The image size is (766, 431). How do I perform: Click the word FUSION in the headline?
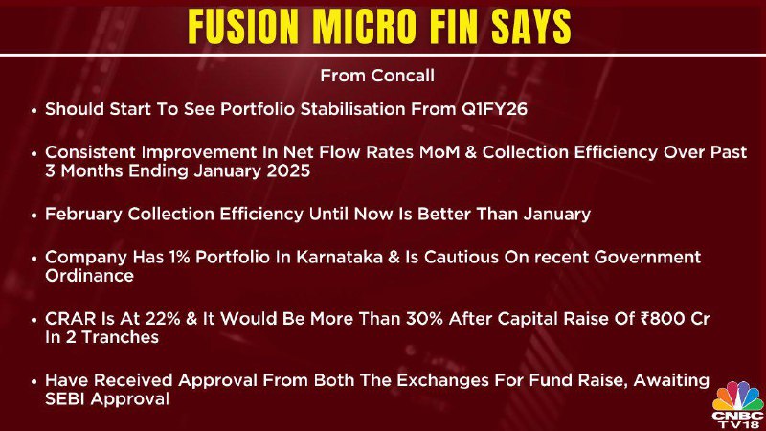(243, 27)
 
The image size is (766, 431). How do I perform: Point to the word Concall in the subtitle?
(402, 76)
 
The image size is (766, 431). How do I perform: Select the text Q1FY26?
(494, 109)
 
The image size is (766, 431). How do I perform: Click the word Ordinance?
(89, 276)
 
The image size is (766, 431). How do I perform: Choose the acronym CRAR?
(64, 319)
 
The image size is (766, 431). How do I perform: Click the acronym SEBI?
(65, 399)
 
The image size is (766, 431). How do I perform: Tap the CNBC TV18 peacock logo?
(737, 404)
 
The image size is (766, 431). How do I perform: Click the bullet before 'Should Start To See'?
(34, 110)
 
